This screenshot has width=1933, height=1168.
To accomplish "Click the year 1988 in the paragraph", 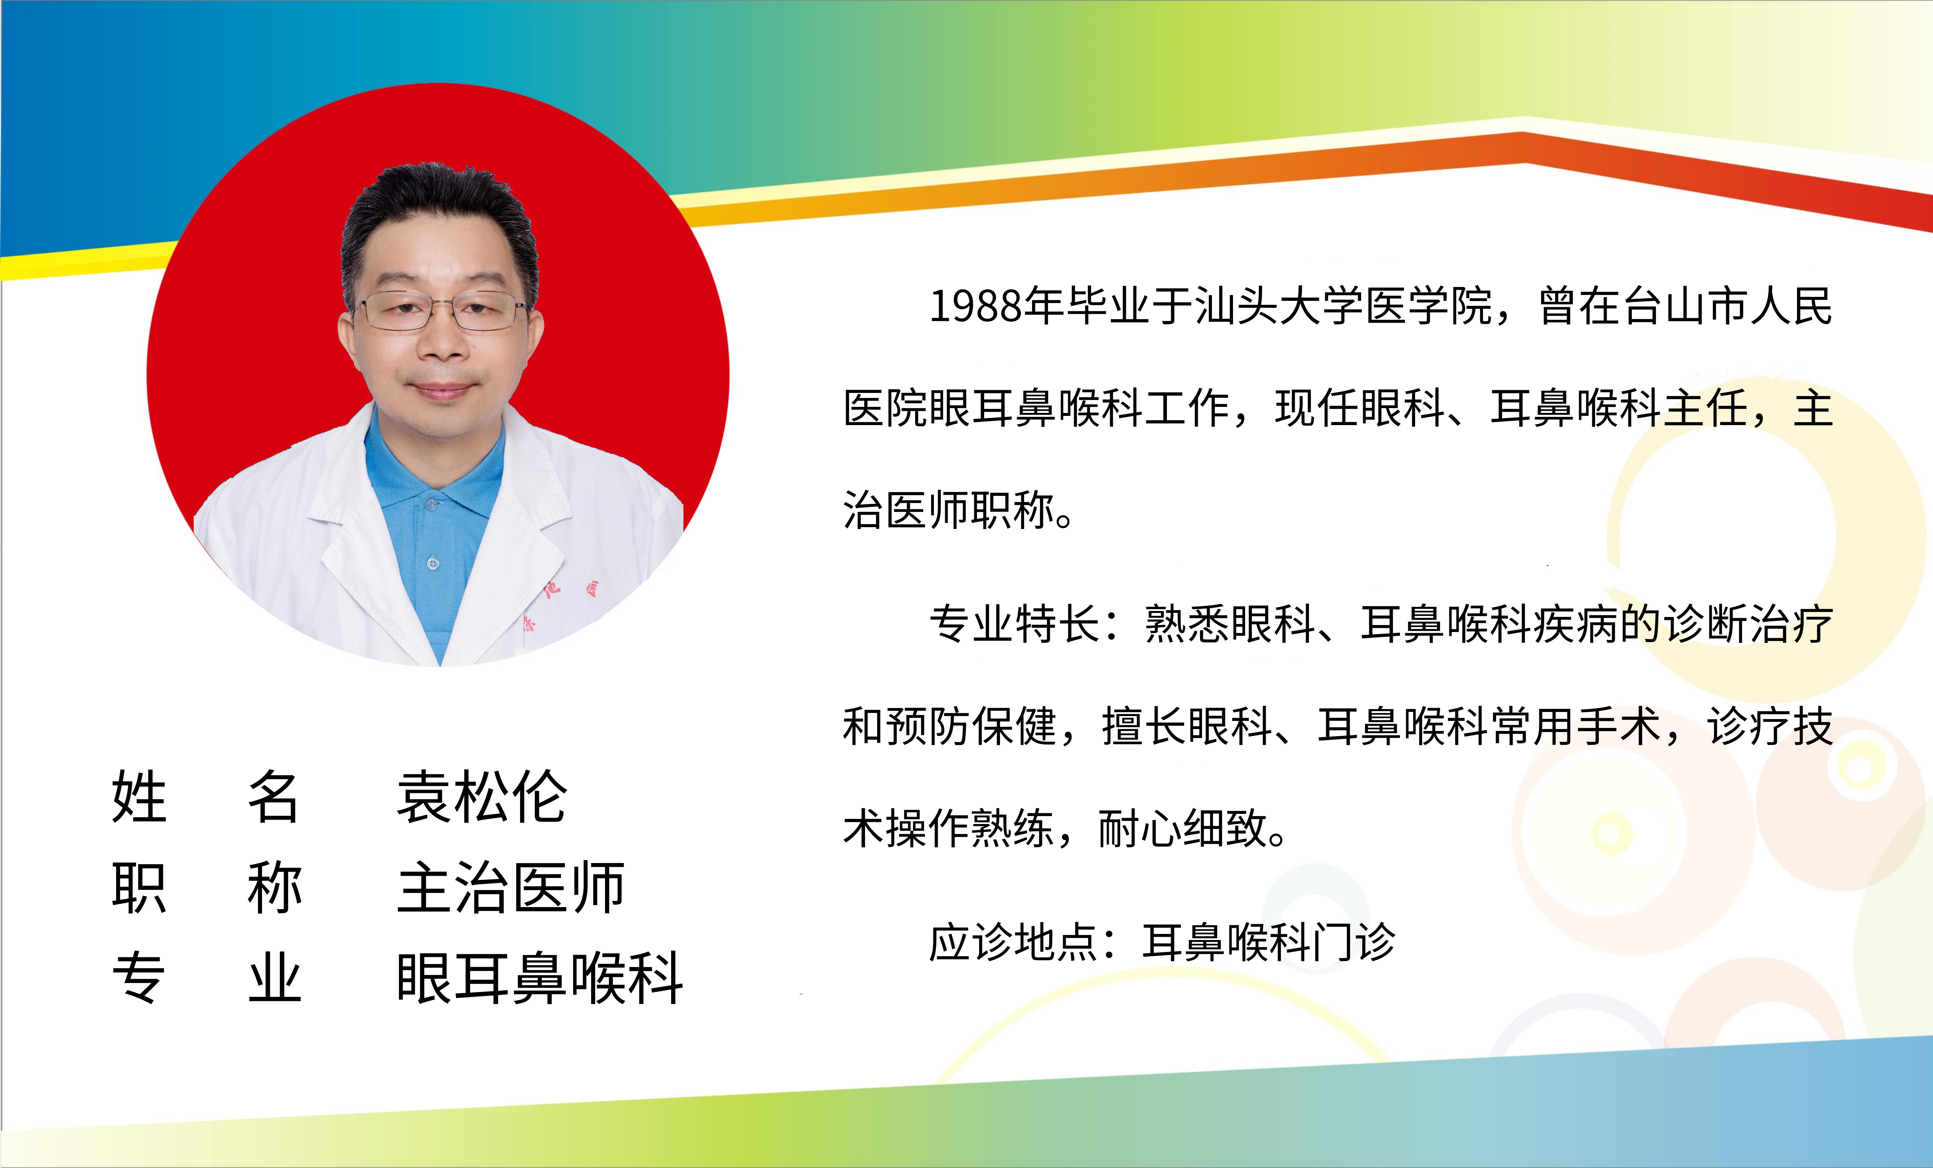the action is (976, 306).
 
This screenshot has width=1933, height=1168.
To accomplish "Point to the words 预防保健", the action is (972, 726).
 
